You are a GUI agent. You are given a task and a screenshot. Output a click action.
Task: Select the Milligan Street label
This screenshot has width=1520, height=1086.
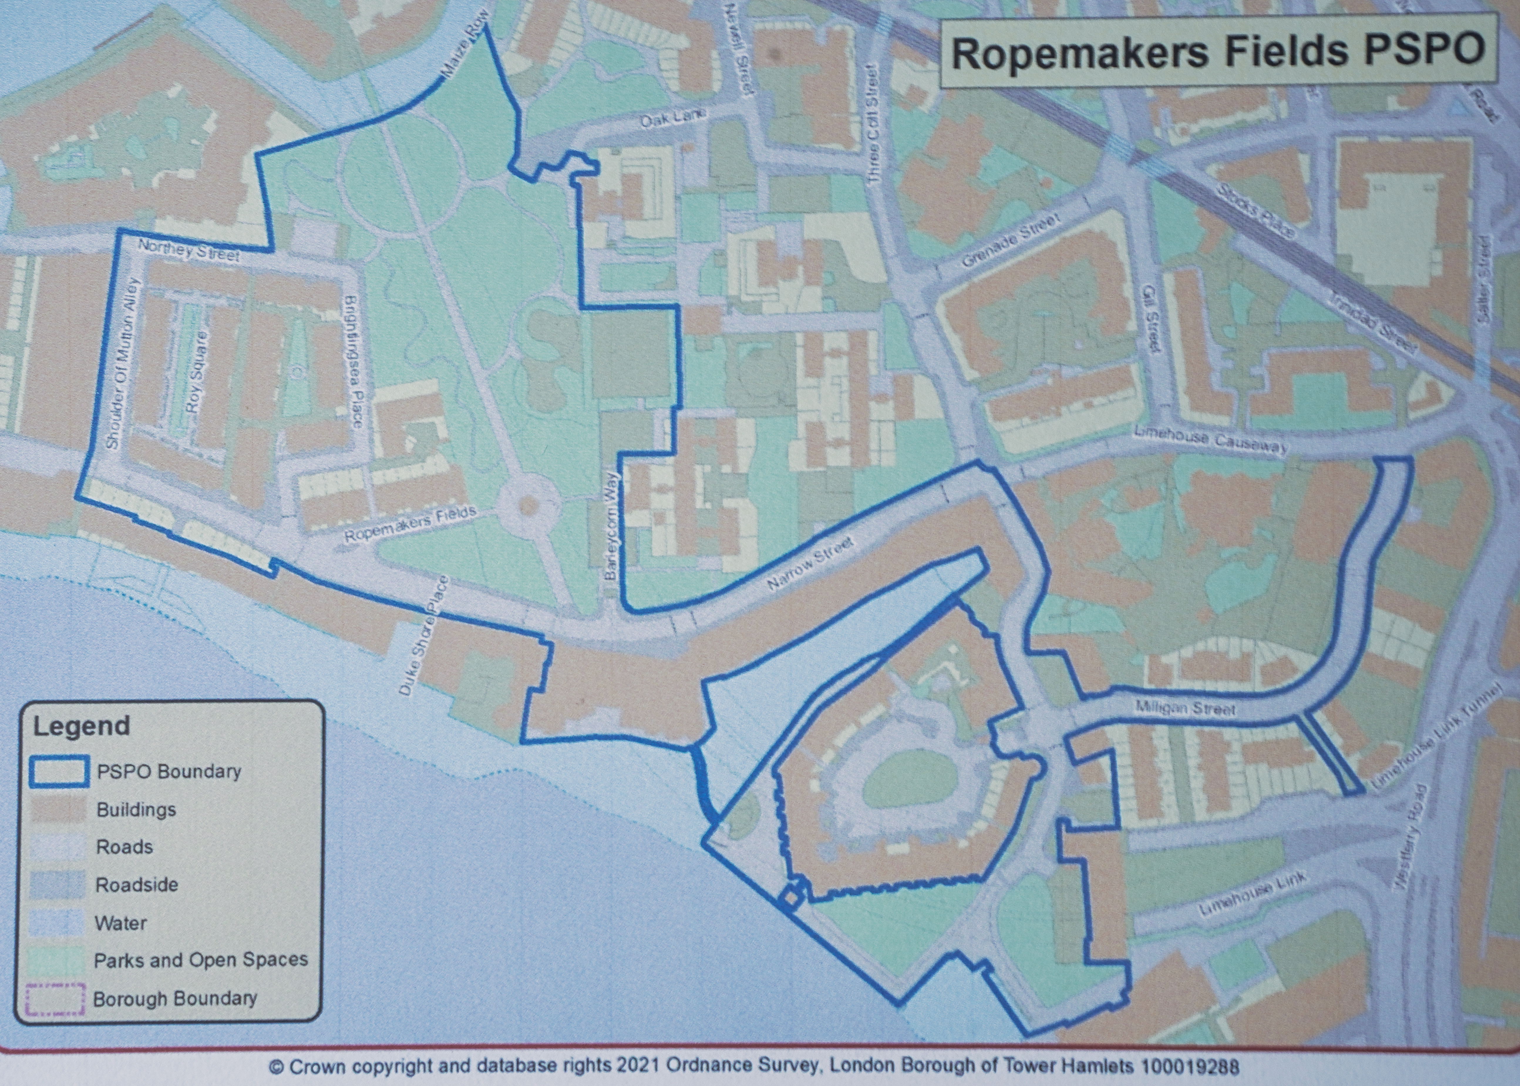click(x=1183, y=708)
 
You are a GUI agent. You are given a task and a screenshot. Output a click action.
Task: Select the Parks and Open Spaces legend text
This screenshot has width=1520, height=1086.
click(x=201, y=960)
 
